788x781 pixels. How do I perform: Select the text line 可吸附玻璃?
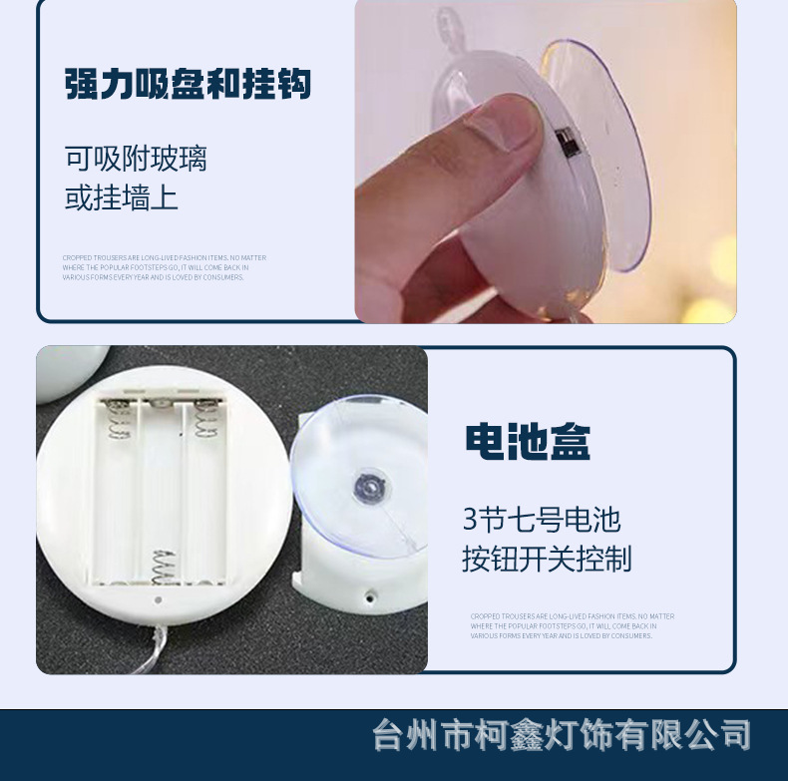tap(136, 158)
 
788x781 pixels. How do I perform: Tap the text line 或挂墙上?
tap(122, 197)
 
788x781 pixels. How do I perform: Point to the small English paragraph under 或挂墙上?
tap(164, 267)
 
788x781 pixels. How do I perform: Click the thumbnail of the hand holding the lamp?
tap(546, 162)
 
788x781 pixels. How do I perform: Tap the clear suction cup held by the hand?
tap(598, 150)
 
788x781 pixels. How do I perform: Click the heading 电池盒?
tap(528, 442)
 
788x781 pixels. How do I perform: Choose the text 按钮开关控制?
tap(547, 559)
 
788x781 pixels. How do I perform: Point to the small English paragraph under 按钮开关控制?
tap(572, 625)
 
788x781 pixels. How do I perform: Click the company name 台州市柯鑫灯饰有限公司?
tap(561, 736)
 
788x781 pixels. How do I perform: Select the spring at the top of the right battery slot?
tap(205, 419)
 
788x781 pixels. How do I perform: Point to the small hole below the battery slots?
tap(157, 600)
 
